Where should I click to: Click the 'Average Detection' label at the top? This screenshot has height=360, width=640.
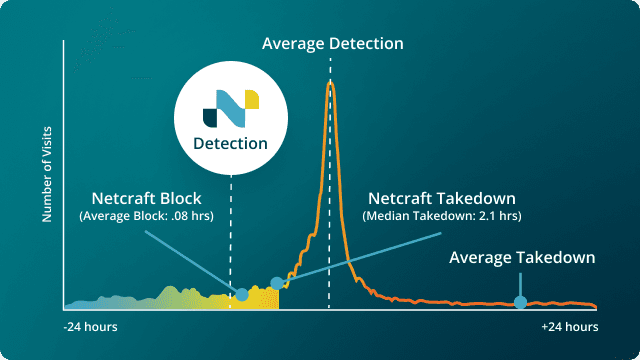point(332,44)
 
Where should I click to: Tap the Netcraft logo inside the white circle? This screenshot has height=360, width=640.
point(231,105)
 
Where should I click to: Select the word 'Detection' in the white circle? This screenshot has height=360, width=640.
point(231,143)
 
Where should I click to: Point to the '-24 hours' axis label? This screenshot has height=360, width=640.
point(91,327)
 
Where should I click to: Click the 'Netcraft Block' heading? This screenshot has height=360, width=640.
point(147,197)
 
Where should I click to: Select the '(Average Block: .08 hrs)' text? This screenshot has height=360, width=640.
point(147,216)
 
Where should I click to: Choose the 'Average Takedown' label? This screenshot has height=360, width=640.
point(522,257)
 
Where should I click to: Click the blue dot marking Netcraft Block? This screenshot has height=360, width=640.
point(241,294)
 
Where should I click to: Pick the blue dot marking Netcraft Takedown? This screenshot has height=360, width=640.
point(277,283)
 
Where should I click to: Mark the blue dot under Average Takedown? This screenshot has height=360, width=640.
point(519,302)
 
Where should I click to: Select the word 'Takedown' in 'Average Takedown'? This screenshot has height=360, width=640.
point(558,257)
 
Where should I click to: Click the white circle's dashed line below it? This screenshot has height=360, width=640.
point(231,230)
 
